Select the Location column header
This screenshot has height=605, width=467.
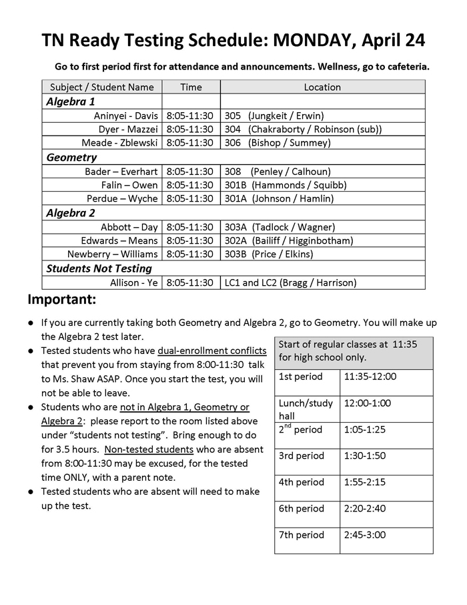click(x=322, y=87)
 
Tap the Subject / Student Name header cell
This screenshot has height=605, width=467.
click(x=102, y=87)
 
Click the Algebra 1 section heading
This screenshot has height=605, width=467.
click(x=71, y=102)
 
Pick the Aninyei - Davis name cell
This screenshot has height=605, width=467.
click(x=126, y=116)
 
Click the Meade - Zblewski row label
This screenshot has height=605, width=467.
click(x=119, y=142)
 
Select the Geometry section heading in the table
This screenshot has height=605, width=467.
click(x=71, y=158)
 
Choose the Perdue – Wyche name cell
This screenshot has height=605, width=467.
click(x=122, y=198)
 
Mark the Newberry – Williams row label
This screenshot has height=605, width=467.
click(x=113, y=254)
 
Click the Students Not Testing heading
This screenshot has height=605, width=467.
click(x=99, y=268)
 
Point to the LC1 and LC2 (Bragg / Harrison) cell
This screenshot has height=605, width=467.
click(x=290, y=282)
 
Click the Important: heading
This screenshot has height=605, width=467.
click(x=62, y=298)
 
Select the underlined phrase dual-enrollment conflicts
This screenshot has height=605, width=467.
click(x=212, y=351)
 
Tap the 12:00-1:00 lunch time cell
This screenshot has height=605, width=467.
click(x=367, y=403)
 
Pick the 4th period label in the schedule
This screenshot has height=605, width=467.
click(x=301, y=482)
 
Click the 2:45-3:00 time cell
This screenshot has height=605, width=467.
click(x=364, y=535)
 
